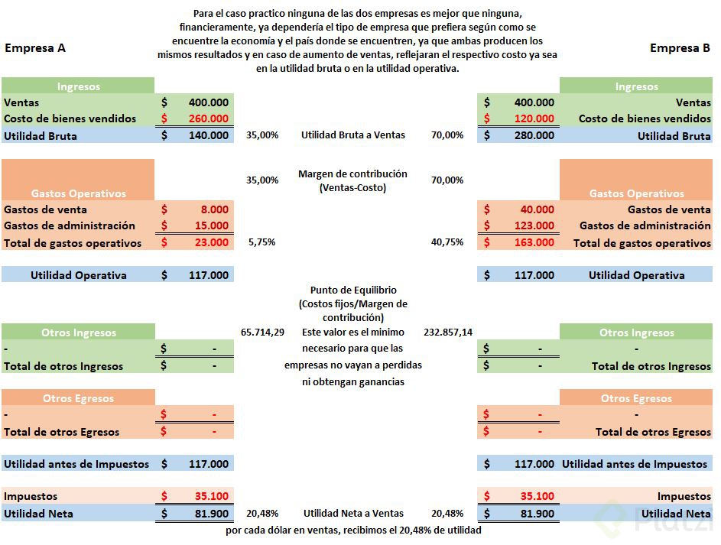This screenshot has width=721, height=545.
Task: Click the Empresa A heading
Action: [x=34, y=48]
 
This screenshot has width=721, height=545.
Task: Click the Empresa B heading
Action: [x=680, y=48]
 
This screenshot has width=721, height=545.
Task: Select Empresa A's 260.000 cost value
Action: [x=208, y=118]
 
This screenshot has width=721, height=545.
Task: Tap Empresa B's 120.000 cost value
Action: [x=534, y=118]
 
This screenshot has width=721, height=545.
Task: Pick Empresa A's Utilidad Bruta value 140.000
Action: [x=208, y=135]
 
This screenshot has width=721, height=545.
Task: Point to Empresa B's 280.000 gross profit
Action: [x=534, y=135]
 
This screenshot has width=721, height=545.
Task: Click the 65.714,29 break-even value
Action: [x=262, y=333]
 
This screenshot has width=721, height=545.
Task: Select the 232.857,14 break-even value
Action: [x=447, y=333]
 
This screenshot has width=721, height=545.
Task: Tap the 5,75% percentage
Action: [x=262, y=242]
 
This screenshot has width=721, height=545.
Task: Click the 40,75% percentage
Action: [x=447, y=242]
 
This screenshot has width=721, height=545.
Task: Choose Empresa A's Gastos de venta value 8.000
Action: [x=214, y=209]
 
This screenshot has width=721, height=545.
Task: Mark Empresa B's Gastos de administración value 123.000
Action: [x=534, y=225]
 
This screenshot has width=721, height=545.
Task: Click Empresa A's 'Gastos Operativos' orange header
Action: [x=78, y=193]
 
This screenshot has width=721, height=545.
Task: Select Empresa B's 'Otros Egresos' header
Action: [x=636, y=398]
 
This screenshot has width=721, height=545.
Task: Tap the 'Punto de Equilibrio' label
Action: [x=353, y=290]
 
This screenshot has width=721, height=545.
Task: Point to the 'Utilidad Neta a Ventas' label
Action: [x=353, y=514]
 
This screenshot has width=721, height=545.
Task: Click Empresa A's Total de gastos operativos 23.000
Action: [x=208, y=242]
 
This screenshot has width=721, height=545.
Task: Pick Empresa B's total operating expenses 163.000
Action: [x=534, y=242]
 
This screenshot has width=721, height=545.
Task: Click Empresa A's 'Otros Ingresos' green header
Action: [x=78, y=333]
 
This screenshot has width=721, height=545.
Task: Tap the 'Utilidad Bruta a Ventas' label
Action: [x=353, y=135]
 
